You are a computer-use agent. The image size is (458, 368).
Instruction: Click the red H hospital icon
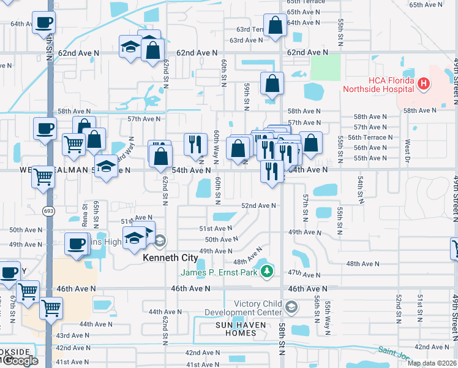coord(422,83)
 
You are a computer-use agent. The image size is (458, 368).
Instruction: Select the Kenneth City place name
coord(168,258)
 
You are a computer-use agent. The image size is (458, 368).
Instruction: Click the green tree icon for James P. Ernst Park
coord(266,272)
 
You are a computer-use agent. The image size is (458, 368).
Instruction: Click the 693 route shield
coord(47,210)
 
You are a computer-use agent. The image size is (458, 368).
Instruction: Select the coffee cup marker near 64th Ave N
coord(44,23)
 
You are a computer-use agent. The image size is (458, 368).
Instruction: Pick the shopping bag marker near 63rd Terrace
coord(276,26)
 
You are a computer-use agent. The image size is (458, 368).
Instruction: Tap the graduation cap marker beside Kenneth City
coord(134,238)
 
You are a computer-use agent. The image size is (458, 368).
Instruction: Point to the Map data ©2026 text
coord(431,363)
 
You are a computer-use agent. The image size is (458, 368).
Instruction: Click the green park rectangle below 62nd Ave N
coord(325,67)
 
